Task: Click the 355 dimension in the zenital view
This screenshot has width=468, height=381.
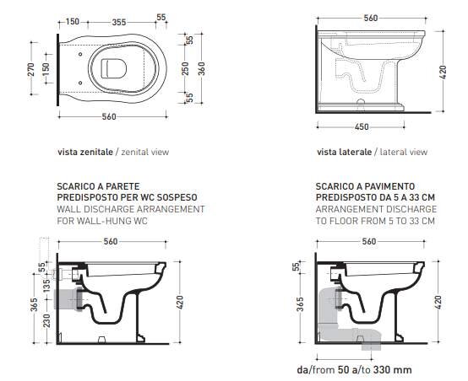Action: coord(119,23)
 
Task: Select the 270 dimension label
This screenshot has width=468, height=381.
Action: coord(31,69)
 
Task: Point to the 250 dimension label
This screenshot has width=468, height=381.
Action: coord(185,68)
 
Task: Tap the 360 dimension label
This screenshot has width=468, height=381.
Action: coord(201,68)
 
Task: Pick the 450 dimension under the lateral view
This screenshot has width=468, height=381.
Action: coord(362,127)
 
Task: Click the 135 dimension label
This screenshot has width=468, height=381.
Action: coord(46,286)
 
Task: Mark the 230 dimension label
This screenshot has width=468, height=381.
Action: coord(46,320)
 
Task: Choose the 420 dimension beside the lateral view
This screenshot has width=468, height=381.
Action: coord(443,72)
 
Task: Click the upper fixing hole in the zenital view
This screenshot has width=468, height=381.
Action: coord(80,54)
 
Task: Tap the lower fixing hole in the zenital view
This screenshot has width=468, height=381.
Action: coord(80,83)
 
